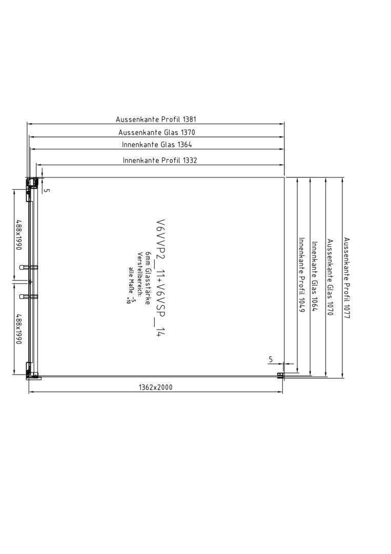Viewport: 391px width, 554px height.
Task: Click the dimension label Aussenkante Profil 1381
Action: [x=156, y=120]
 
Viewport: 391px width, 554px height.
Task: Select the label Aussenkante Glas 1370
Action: [x=157, y=132]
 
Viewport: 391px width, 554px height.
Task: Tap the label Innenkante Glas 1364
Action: [x=157, y=145]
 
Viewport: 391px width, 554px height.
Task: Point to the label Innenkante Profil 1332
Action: [x=160, y=161]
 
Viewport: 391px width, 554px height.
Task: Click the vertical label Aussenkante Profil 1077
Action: [x=346, y=278]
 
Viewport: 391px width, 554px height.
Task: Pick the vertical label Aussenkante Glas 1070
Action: [x=330, y=278]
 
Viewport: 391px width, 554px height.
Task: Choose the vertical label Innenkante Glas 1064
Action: [x=315, y=276]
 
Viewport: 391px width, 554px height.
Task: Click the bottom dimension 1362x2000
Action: [x=156, y=388]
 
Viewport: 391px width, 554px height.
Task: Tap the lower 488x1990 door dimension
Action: [x=18, y=329]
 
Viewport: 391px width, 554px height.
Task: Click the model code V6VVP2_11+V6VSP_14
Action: [x=161, y=278]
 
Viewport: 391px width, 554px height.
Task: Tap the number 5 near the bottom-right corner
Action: [x=271, y=360]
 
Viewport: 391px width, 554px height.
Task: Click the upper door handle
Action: [x=29, y=267]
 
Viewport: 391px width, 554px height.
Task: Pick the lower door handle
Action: [x=29, y=296]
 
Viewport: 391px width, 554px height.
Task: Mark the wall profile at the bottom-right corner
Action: [x=280, y=376]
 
